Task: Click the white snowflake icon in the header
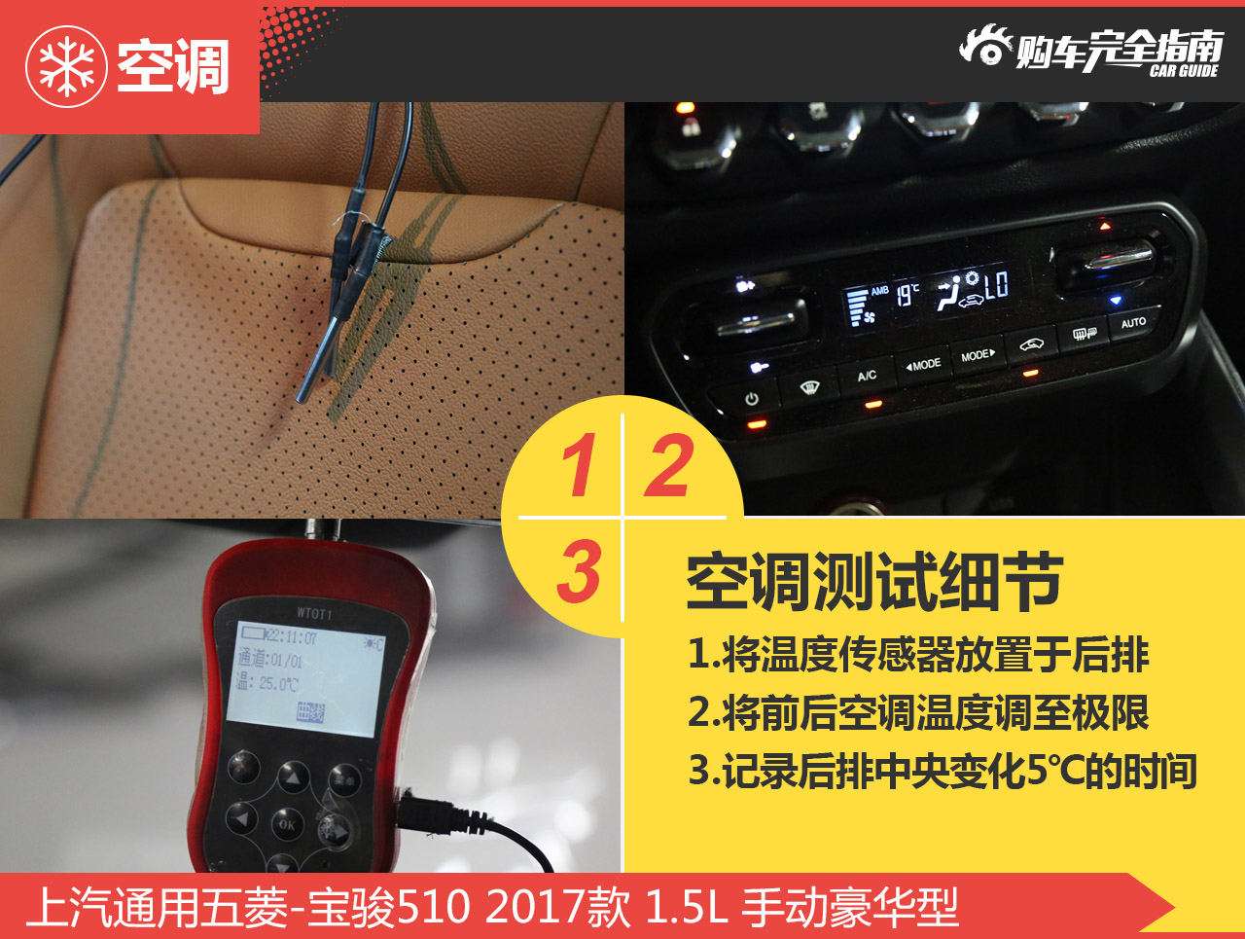(66, 66)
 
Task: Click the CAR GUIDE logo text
(1183, 71)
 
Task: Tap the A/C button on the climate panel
(867, 376)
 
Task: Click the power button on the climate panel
(752, 399)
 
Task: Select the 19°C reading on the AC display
(907, 294)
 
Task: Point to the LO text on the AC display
(997, 285)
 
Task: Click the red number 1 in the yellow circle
(579, 465)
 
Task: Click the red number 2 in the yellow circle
(669, 465)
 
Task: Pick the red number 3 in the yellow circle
(580, 571)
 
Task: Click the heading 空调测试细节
(873, 583)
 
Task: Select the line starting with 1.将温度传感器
(918, 655)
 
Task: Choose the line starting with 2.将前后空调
(918, 713)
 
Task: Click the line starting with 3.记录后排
(942, 771)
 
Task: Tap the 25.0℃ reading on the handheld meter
(278, 685)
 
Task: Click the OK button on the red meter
(287, 824)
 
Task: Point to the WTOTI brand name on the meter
(314, 613)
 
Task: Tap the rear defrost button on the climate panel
(1085, 334)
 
